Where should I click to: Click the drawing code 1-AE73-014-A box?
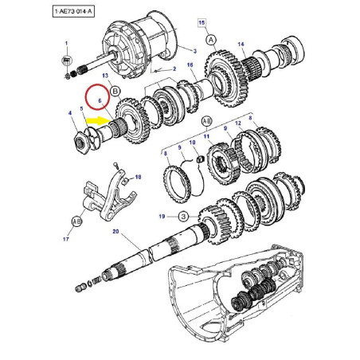pyautogui.click(x=73, y=12)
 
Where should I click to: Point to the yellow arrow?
pyautogui.click(x=98, y=121)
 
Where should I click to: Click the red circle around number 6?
pyautogui.click(x=97, y=96)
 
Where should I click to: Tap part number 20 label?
pyautogui.click(x=115, y=232)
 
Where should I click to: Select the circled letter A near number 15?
pyautogui.click(x=211, y=40)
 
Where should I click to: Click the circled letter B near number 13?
pyautogui.click(x=115, y=92)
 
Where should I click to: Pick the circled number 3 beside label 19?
pyautogui.click(x=183, y=217)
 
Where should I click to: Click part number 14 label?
pyautogui.click(x=241, y=45)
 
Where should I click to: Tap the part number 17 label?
pyautogui.click(x=66, y=239)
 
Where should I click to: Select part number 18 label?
pyautogui.click(x=138, y=177)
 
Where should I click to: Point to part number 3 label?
pyautogui.click(x=195, y=51)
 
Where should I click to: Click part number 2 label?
pyautogui.click(x=174, y=69)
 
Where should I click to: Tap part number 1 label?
pyautogui.click(x=66, y=43)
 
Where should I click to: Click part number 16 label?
pyautogui.click(x=190, y=65)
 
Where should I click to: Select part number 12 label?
pyautogui.click(x=238, y=123)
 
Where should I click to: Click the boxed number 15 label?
pyautogui.click(x=202, y=22)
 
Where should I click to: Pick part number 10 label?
pyautogui.click(x=192, y=143)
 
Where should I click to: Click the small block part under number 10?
pyautogui.click(x=201, y=159)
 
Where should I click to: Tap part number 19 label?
pyautogui.click(x=162, y=217)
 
